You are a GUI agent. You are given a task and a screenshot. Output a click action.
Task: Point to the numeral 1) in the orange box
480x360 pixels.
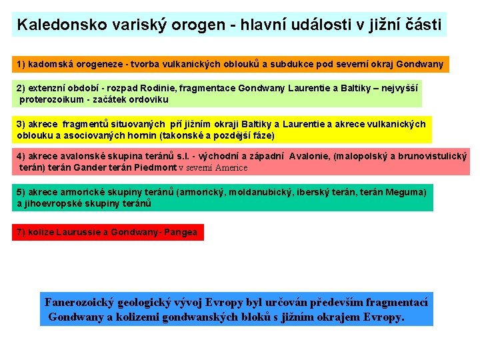click(21, 65)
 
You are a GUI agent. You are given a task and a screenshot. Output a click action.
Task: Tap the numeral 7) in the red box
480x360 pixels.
click(21, 232)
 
